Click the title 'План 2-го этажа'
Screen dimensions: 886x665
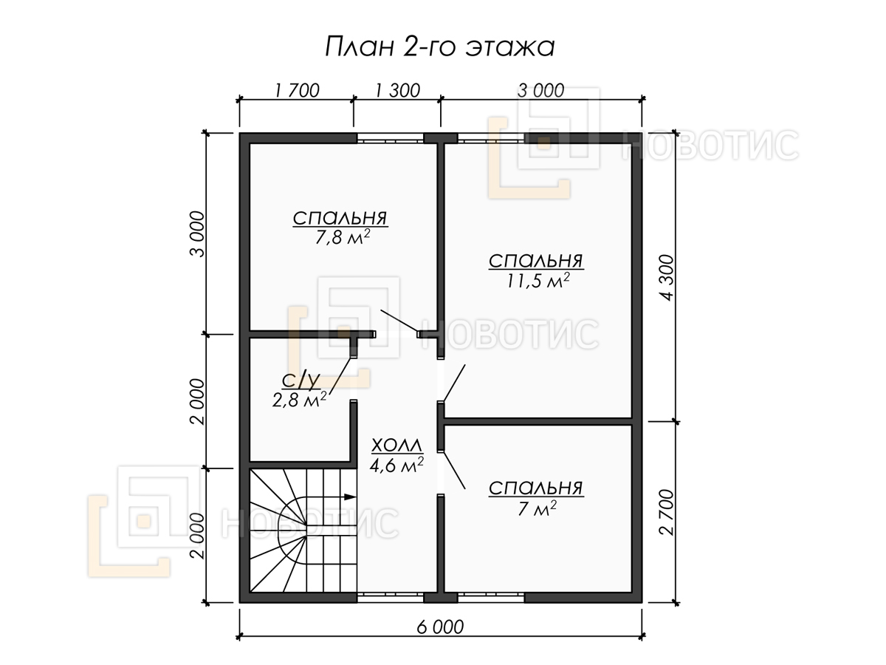pyautogui.click(x=439, y=47)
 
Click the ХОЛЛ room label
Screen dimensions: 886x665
pyautogui.click(x=396, y=446)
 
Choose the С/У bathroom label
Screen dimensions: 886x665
pyautogui.click(x=301, y=381)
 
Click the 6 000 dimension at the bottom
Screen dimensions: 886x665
pyautogui.click(x=440, y=627)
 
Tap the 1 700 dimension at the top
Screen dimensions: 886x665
pyautogui.click(x=297, y=90)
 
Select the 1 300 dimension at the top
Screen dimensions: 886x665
pyautogui.click(x=397, y=90)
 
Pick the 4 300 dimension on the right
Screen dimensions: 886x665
pyautogui.click(x=667, y=278)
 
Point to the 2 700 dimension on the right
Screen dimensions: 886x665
pyautogui.click(x=667, y=512)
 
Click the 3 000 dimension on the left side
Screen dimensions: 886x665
pyautogui.click(x=197, y=233)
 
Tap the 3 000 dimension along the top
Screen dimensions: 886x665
pyautogui.click(x=540, y=90)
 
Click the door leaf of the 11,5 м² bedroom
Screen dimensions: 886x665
pyautogui.click(x=454, y=383)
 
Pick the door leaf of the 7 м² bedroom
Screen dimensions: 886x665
pyautogui.click(x=454, y=471)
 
